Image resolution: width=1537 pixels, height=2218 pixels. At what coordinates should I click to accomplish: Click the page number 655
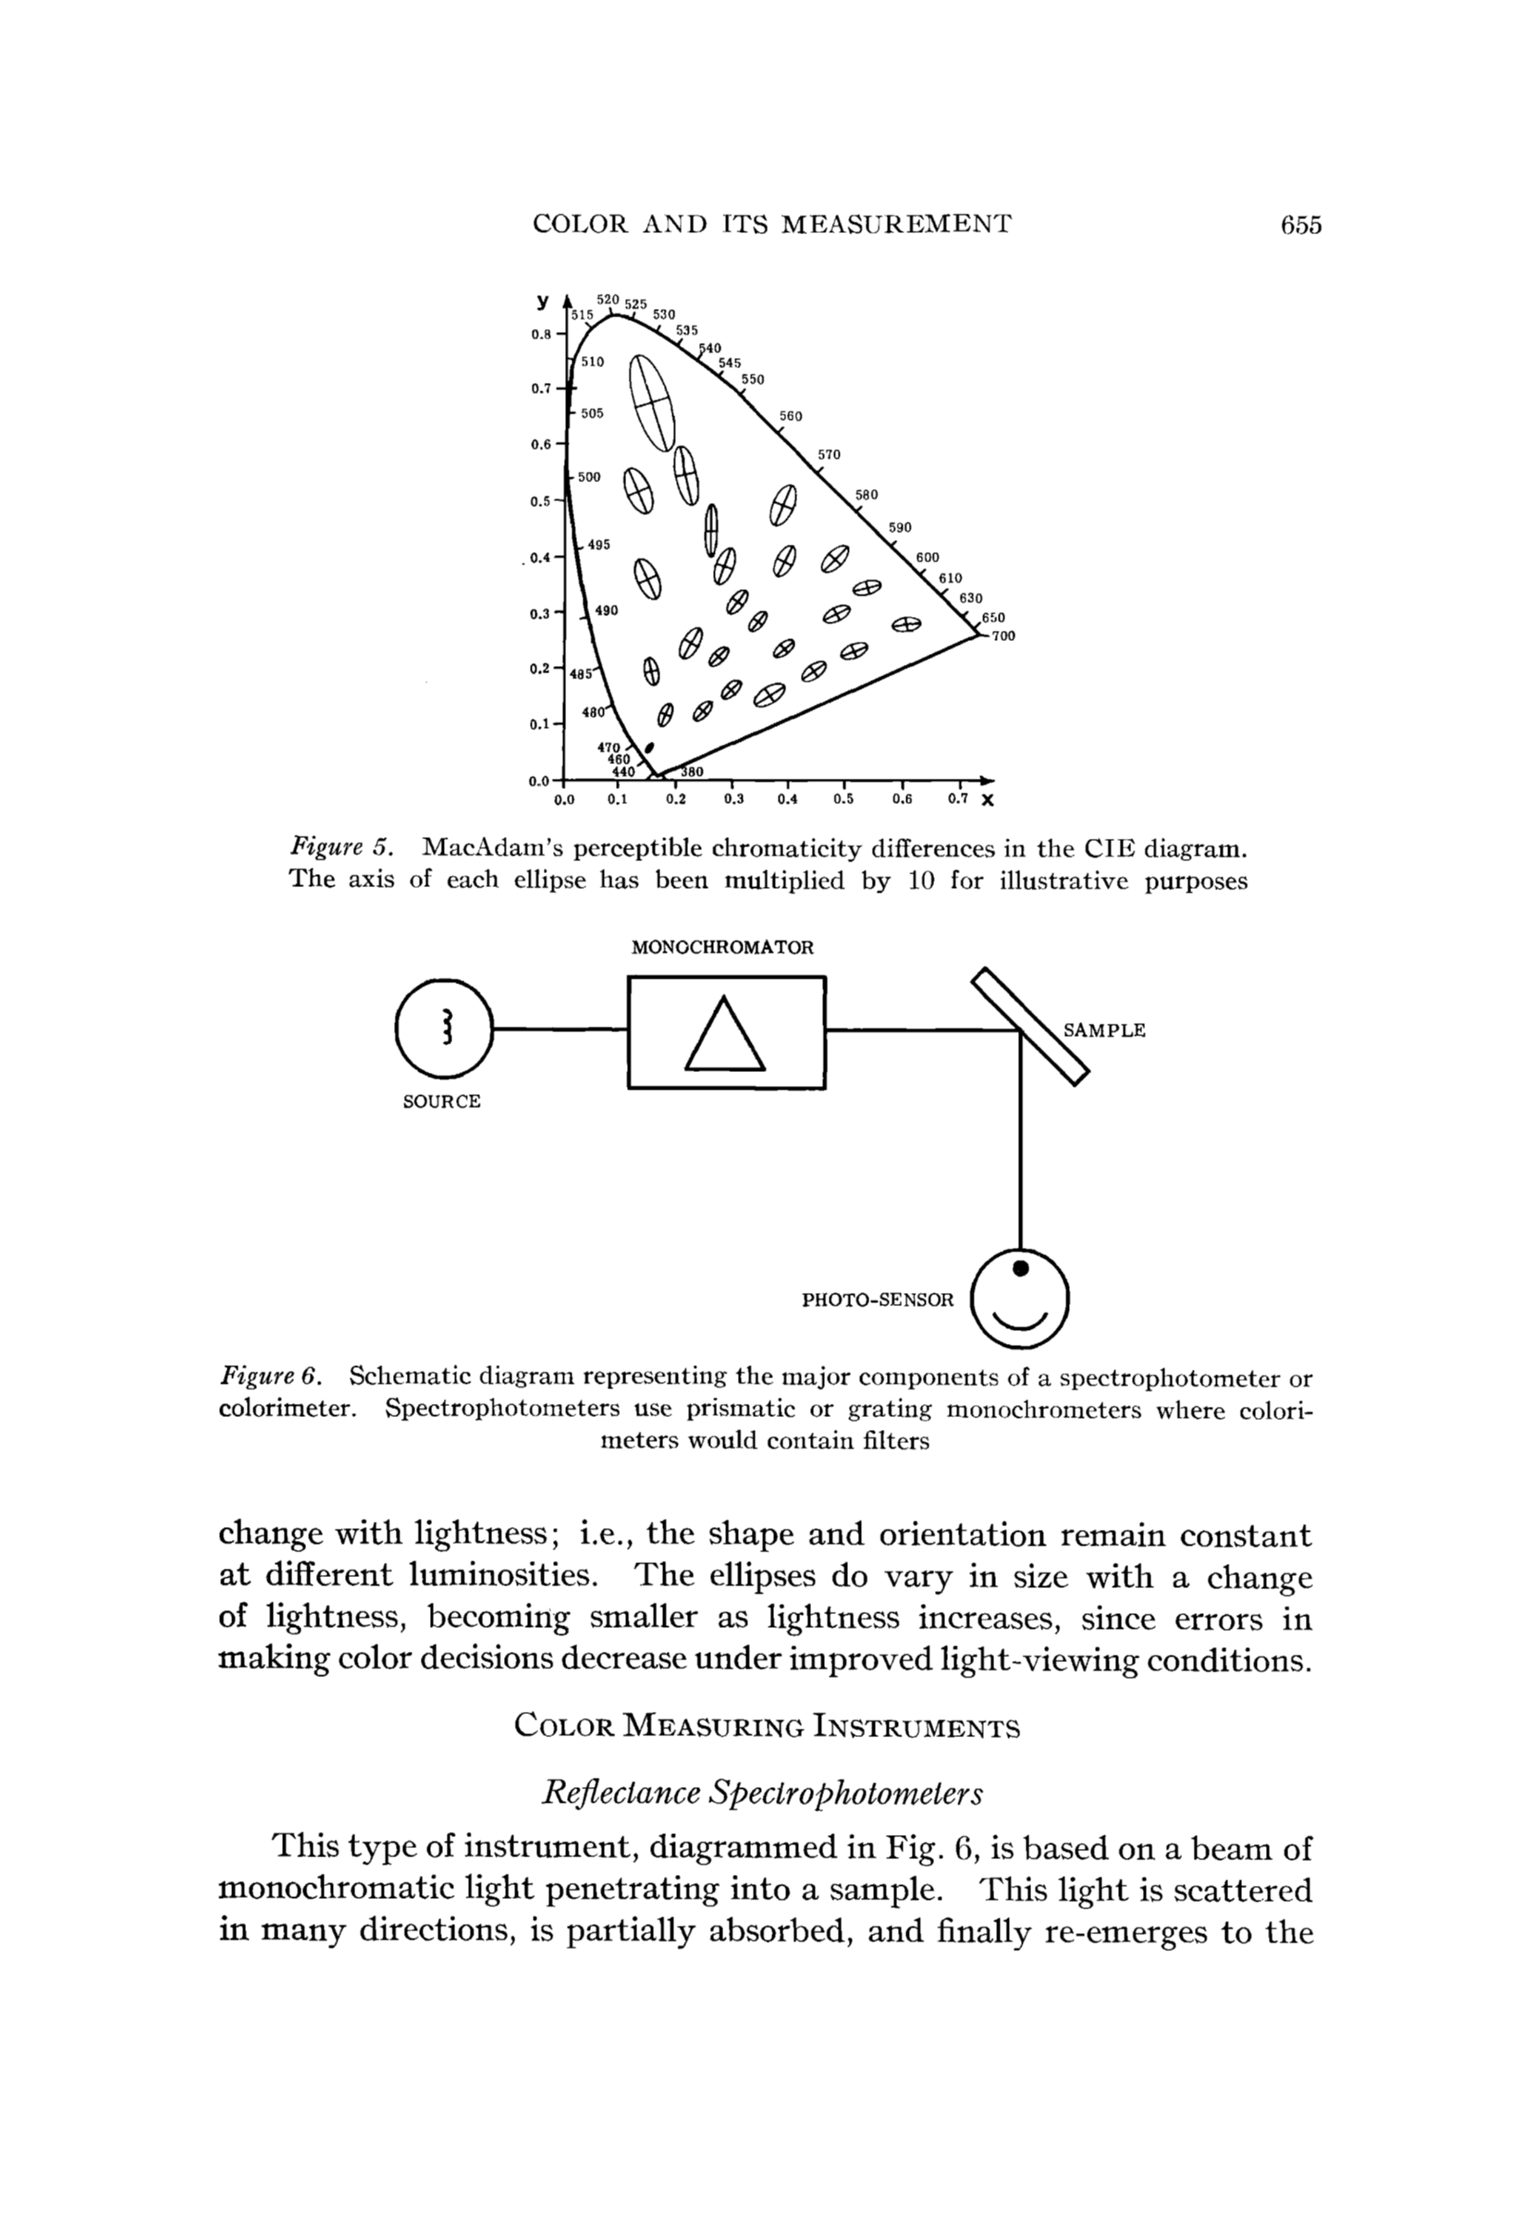[1301, 226]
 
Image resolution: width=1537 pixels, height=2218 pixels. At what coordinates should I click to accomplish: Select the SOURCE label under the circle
[441, 1102]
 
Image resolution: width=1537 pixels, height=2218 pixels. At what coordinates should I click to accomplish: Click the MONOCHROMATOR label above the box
[722, 948]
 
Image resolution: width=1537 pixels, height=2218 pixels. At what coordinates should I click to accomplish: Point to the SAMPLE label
[1103, 1030]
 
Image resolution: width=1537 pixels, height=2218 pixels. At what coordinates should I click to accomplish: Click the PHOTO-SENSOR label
[878, 1300]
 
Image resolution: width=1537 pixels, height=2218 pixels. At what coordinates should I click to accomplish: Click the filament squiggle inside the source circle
[445, 1028]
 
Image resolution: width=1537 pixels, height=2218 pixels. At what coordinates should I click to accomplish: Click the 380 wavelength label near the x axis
[692, 771]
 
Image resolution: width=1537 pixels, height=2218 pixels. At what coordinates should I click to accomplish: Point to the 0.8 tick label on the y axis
[540, 334]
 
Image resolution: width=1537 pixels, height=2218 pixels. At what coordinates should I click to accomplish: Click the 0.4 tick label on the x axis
[787, 798]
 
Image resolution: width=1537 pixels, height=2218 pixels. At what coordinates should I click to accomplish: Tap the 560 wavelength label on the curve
[790, 416]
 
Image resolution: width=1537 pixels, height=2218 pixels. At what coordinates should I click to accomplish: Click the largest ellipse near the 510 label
[651, 402]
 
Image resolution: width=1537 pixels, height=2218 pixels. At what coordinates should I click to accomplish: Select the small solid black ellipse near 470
[648, 746]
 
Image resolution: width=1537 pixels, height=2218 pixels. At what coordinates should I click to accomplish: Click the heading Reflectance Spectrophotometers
[763, 1793]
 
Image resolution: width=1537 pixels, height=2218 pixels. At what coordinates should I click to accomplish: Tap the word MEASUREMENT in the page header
[895, 226]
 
